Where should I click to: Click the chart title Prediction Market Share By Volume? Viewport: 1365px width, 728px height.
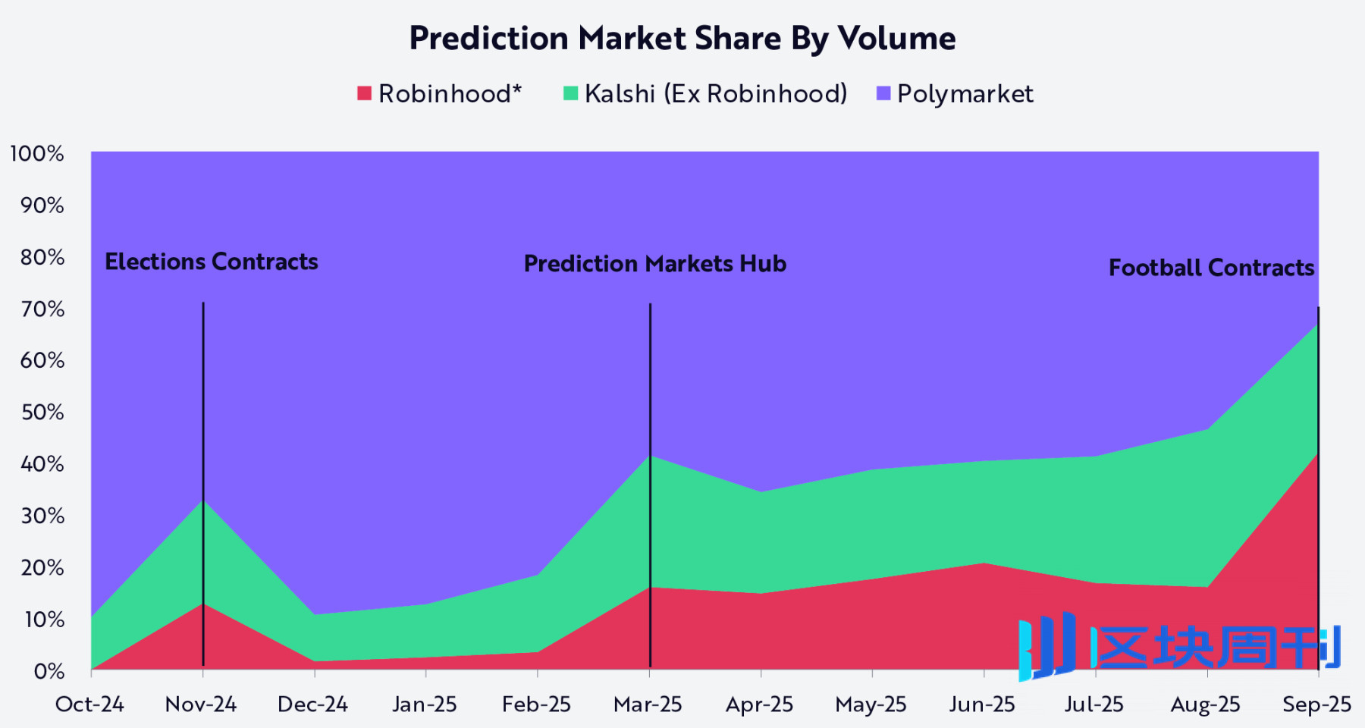coord(682,38)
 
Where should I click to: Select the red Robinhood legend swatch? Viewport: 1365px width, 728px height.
coord(365,93)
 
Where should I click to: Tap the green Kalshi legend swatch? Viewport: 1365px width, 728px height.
coord(571,93)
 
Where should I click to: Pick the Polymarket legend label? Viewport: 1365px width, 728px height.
coord(965,94)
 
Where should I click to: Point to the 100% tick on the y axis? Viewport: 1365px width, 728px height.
coord(36,154)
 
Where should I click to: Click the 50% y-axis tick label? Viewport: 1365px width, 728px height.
coord(42,413)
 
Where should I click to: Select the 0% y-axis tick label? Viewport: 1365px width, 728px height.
coord(49,671)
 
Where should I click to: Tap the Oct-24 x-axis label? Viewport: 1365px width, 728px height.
coord(89,704)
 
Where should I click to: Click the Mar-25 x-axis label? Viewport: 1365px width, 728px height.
coord(648,704)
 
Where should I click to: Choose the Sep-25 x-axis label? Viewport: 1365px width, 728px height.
coord(1316,704)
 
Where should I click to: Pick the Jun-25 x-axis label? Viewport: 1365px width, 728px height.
coord(982,704)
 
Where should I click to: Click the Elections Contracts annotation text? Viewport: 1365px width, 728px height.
coord(212,262)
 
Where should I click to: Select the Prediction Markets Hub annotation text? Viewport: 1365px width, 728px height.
coord(655,264)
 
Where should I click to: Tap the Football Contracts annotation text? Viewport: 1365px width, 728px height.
coord(1211,268)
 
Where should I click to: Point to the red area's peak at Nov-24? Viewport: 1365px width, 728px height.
coord(203,604)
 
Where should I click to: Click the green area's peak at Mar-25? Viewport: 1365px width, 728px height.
coord(650,456)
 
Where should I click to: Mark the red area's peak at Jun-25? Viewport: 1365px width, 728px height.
coord(984,563)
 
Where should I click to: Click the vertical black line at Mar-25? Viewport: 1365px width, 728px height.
coord(650,379)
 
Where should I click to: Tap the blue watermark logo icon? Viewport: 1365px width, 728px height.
coord(1047,646)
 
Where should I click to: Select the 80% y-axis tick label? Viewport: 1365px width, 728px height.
coord(42,257)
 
